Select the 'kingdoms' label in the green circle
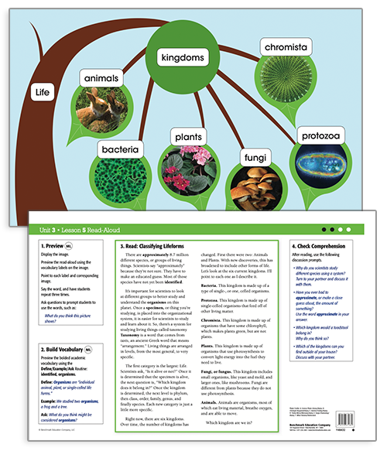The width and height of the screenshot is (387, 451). tap(183, 58)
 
